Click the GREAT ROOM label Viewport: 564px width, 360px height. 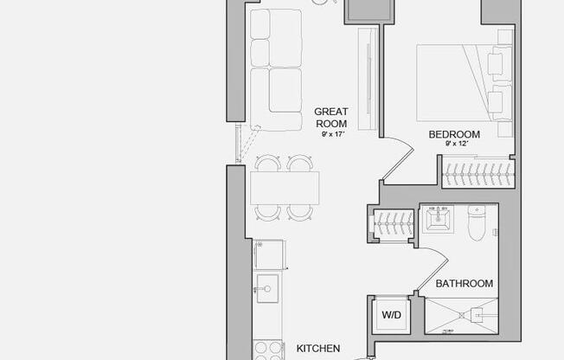pyautogui.click(x=330, y=117)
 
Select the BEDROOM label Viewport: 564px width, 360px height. pyautogui.click(x=454, y=134)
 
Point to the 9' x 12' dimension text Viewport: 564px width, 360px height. pyautogui.click(x=457, y=144)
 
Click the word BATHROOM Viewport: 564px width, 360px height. pyautogui.click(x=464, y=283)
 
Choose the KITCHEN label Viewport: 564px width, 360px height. pyautogui.click(x=317, y=348)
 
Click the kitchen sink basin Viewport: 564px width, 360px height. pyautogui.click(x=267, y=287)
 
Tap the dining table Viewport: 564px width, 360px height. pyautogui.click(x=285, y=187)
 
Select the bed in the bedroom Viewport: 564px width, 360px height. pyautogui.click(x=458, y=82)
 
